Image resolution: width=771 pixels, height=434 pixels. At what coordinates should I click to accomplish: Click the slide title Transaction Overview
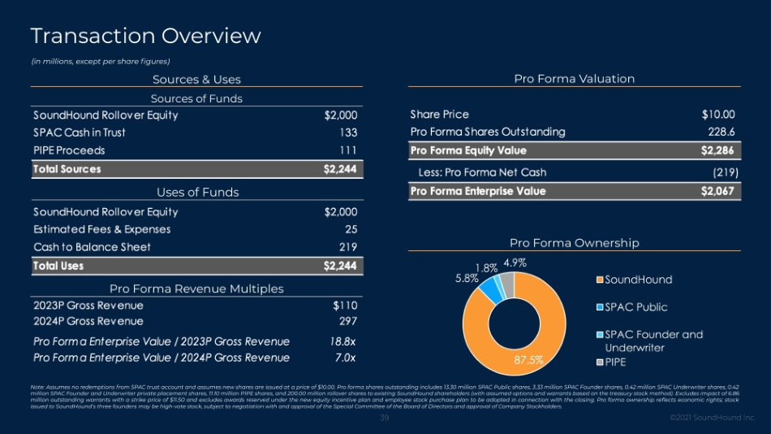tap(145, 36)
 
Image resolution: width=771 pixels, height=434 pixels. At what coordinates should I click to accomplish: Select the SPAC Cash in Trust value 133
tap(348, 132)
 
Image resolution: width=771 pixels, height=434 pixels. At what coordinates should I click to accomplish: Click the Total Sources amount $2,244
tap(340, 169)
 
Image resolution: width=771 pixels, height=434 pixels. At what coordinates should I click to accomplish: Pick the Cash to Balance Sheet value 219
tap(348, 247)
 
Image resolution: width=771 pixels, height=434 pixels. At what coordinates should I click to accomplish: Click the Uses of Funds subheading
tap(197, 193)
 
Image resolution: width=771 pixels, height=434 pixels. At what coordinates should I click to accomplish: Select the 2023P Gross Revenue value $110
tap(345, 306)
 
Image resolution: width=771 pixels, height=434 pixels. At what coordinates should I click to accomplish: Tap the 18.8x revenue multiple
tap(342, 341)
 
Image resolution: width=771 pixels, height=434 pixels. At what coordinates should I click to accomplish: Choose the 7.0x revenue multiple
tap(345, 358)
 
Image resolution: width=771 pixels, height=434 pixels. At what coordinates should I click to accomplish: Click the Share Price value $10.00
tap(718, 115)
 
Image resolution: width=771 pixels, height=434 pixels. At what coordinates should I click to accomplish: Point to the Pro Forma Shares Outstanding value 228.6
tap(721, 132)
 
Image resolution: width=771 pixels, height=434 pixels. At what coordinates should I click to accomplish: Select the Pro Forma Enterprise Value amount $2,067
tap(717, 192)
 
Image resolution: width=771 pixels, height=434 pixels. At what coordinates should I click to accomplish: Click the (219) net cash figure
tap(723, 172)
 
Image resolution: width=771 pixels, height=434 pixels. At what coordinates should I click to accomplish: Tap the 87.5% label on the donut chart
tap(528, 358)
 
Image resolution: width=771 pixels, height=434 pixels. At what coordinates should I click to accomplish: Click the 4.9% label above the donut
tap(515, 263)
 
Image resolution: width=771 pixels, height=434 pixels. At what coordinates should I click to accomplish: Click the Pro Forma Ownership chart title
tap(574, 243)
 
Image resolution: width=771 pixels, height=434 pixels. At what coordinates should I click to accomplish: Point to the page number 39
tap(385, 418)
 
